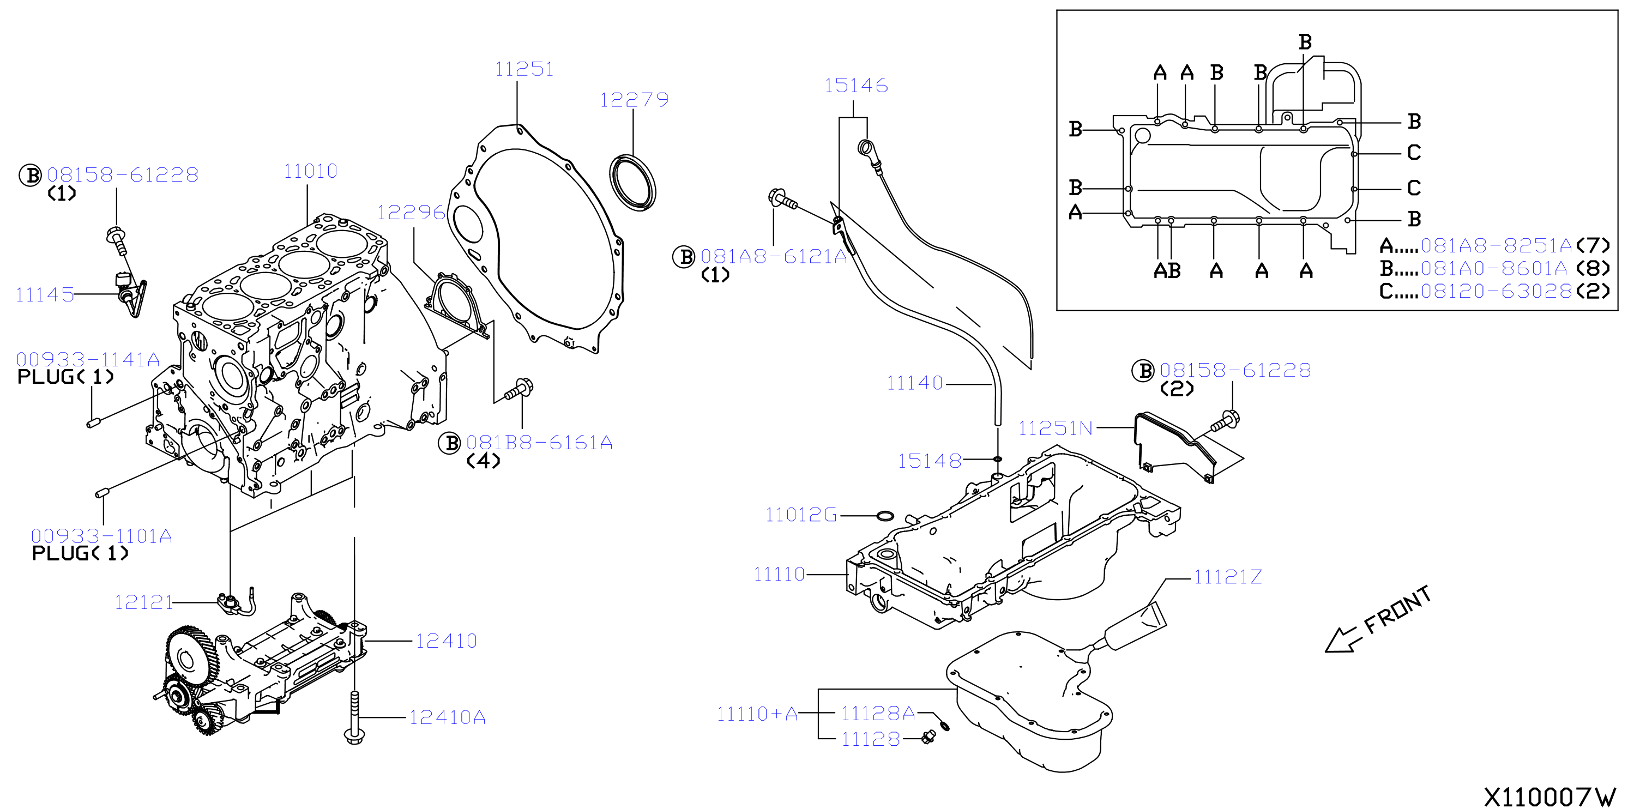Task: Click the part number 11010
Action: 310,171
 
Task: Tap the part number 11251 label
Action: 524,69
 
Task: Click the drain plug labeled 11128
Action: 929,736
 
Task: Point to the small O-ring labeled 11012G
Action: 885,516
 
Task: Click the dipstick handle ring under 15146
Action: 865,148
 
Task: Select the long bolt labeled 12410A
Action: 354,718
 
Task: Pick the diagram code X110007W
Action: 1549,797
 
